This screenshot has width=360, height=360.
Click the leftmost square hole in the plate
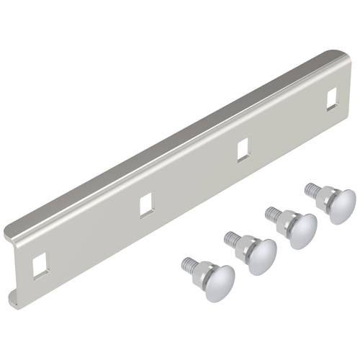coord(37,263)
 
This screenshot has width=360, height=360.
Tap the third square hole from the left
coord(243,150)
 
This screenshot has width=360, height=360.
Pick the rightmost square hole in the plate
coord(331,99)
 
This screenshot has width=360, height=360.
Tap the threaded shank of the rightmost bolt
coord(311,188)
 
